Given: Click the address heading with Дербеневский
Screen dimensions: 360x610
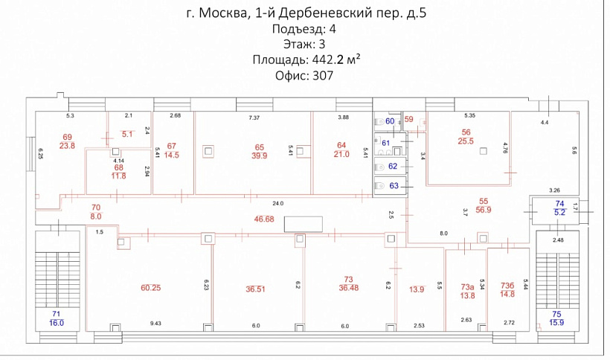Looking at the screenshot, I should tap(304, 13).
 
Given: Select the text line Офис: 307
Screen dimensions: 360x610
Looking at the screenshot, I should tap(304, 75).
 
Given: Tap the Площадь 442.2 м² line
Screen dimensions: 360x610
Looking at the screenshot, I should tap(306, 60).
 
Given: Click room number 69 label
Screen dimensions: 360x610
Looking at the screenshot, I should tap(67, 137).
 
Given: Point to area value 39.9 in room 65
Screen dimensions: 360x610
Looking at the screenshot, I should tap(260, 155).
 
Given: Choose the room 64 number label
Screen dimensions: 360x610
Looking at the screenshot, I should tap(341, 144).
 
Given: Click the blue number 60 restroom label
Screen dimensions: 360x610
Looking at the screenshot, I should tap(390, 121).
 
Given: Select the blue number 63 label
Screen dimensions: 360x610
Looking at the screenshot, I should tap(393, 185).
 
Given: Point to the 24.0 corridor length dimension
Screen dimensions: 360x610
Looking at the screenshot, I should tap(277, 203).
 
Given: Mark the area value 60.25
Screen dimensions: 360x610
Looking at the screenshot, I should tap(151, 287).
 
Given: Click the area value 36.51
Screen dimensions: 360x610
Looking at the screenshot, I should tap(255, 289).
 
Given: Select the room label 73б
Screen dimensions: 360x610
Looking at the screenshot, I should tap(508, 286).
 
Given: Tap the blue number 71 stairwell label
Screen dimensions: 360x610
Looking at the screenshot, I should tap(56, 314).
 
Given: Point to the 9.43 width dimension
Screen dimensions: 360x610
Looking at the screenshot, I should tap(155, 325).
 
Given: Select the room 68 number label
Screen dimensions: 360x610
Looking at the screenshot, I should tap(118, 167).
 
